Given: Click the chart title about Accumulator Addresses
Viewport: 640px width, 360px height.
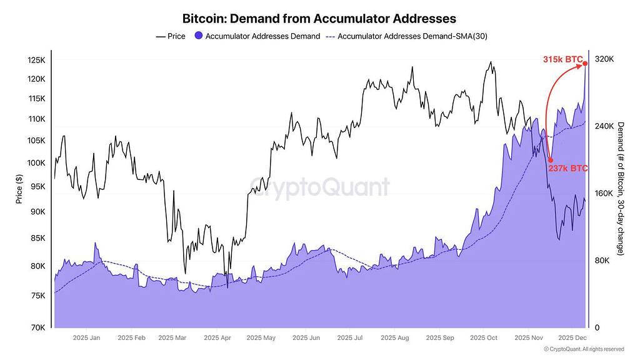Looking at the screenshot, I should pyautogui.click(x=319, y=19).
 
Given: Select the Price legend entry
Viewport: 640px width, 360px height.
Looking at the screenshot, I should pyautogui.click(x=171, y=36).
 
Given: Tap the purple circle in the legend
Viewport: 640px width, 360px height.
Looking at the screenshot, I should pyautogui.click(x=199, y=36).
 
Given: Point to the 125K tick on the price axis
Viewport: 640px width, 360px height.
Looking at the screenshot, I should pyautogui.click(x=36, y=60).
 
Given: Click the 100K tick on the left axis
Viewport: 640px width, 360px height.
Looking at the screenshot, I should pyautogui.click(x=36, y=163).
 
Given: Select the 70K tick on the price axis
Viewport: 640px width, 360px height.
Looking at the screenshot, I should pyautogui.click(x=37, y=327).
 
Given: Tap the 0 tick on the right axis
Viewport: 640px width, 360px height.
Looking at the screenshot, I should pyautogui.click(x=597, y=327).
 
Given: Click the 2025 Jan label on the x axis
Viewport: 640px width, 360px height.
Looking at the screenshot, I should pyautogui.click(x=86, y=338).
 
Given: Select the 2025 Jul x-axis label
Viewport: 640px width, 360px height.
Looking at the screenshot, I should pyautogui.click(x=349, y=338).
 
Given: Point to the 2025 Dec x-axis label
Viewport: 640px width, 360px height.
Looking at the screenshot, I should pyautogui.click(x=572, y=338).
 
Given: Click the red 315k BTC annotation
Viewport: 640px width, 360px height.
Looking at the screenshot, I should pyautogui.click(x=562, y=59).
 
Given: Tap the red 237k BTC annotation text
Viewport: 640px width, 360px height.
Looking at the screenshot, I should pyautogui.click(x=568, y=169).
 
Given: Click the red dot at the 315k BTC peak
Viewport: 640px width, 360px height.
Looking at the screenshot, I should pyautogui.click(x=585, y=63).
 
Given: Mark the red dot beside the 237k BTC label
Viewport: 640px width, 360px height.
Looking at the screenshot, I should pyautogui.click(x=550, y=160).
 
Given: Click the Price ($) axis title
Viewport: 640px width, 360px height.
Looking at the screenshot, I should pyautogui.click(x=19, y=189).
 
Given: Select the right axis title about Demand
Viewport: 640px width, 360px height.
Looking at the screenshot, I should pyautogui.click(x=621, y=188).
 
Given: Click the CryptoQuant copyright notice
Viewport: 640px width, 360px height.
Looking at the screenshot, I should pyautogui.click(x=584, y=349).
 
